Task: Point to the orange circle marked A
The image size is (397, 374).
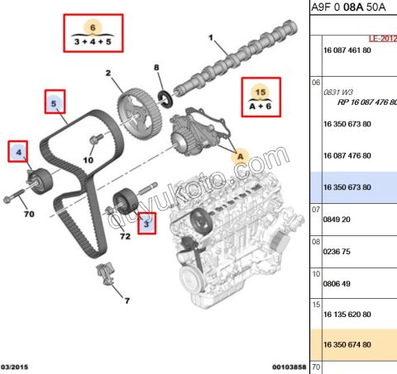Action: tap(242, 154)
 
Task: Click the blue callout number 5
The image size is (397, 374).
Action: tap(55, 104)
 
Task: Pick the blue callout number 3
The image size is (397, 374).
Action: tap(146, 223)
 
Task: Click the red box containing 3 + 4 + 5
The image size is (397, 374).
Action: tap(92, 33)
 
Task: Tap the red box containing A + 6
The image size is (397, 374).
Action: tap(261, 97)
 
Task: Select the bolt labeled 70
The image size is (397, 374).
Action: tap(15, 198)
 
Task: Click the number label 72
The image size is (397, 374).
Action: tap(127, 237)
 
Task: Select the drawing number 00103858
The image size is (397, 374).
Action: tap(289, 366)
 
